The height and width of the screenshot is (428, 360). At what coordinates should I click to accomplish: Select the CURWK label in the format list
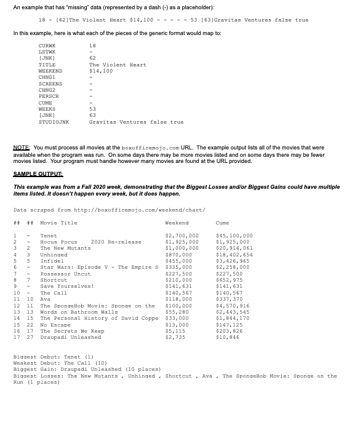point(47,47)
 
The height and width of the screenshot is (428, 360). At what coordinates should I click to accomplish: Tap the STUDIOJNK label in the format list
point(54,122)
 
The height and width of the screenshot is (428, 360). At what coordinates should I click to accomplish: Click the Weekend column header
point(177,223)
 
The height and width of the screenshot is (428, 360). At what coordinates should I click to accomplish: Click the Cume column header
point(223,223)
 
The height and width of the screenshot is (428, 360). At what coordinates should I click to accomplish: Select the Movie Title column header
point(59,223)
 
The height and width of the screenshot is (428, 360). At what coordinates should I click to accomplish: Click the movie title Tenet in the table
point(48,236)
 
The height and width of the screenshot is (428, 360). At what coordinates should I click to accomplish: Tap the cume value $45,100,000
point(234,236)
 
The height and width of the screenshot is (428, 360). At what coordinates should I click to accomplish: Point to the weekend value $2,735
point(175,337)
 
